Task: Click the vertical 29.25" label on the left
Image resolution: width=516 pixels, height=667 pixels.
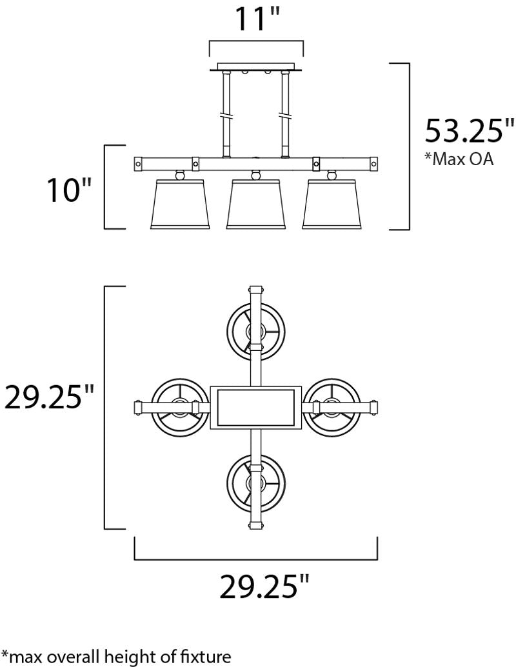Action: click(48, 396)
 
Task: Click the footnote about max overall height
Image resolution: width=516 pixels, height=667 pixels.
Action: click(116, 657)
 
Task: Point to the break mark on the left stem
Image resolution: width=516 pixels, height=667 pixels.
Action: click(226, 115)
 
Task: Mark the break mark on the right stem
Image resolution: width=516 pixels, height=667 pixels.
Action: click(284, 115)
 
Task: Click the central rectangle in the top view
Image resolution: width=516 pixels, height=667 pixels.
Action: click(255, 408)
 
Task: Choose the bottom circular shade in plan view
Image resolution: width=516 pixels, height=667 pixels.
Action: click(256, 484)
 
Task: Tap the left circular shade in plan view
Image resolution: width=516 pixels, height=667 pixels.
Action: click(181, 408)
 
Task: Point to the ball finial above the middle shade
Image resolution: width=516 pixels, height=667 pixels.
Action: click(255, 174)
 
